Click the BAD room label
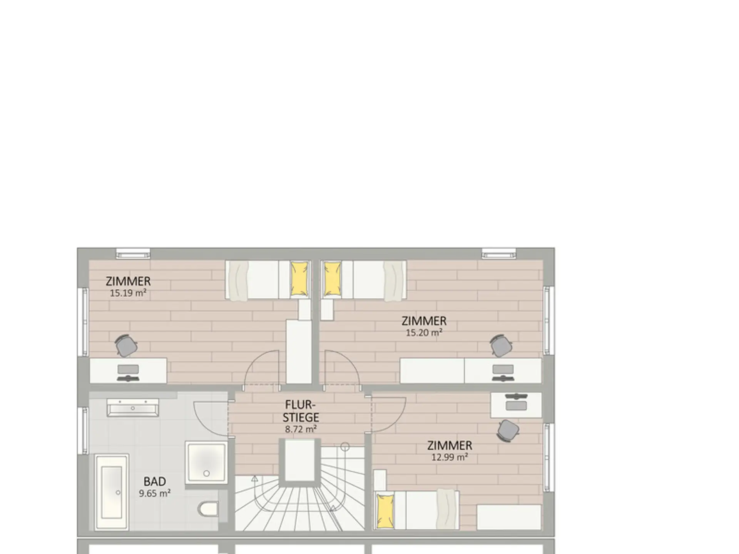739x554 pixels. (155, 481)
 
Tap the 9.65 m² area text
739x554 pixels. (155, 493)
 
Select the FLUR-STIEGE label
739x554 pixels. (301, 411)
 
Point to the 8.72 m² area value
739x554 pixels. (301, 429)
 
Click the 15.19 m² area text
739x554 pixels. (128, 293)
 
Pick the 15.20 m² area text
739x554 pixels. (424, 333)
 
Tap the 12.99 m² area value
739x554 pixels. (450, 457)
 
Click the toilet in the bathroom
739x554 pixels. (208, 509)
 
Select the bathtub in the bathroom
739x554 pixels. (112, 492)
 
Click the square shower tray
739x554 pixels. (206, 462)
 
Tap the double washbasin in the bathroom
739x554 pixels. (133, 407)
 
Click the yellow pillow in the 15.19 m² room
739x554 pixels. (299, 279)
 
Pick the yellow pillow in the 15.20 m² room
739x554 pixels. (333, 279)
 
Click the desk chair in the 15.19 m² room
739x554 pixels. (126, 345)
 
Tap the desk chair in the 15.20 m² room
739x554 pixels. (501, 345)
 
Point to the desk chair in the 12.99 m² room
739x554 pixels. (508, 431)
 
